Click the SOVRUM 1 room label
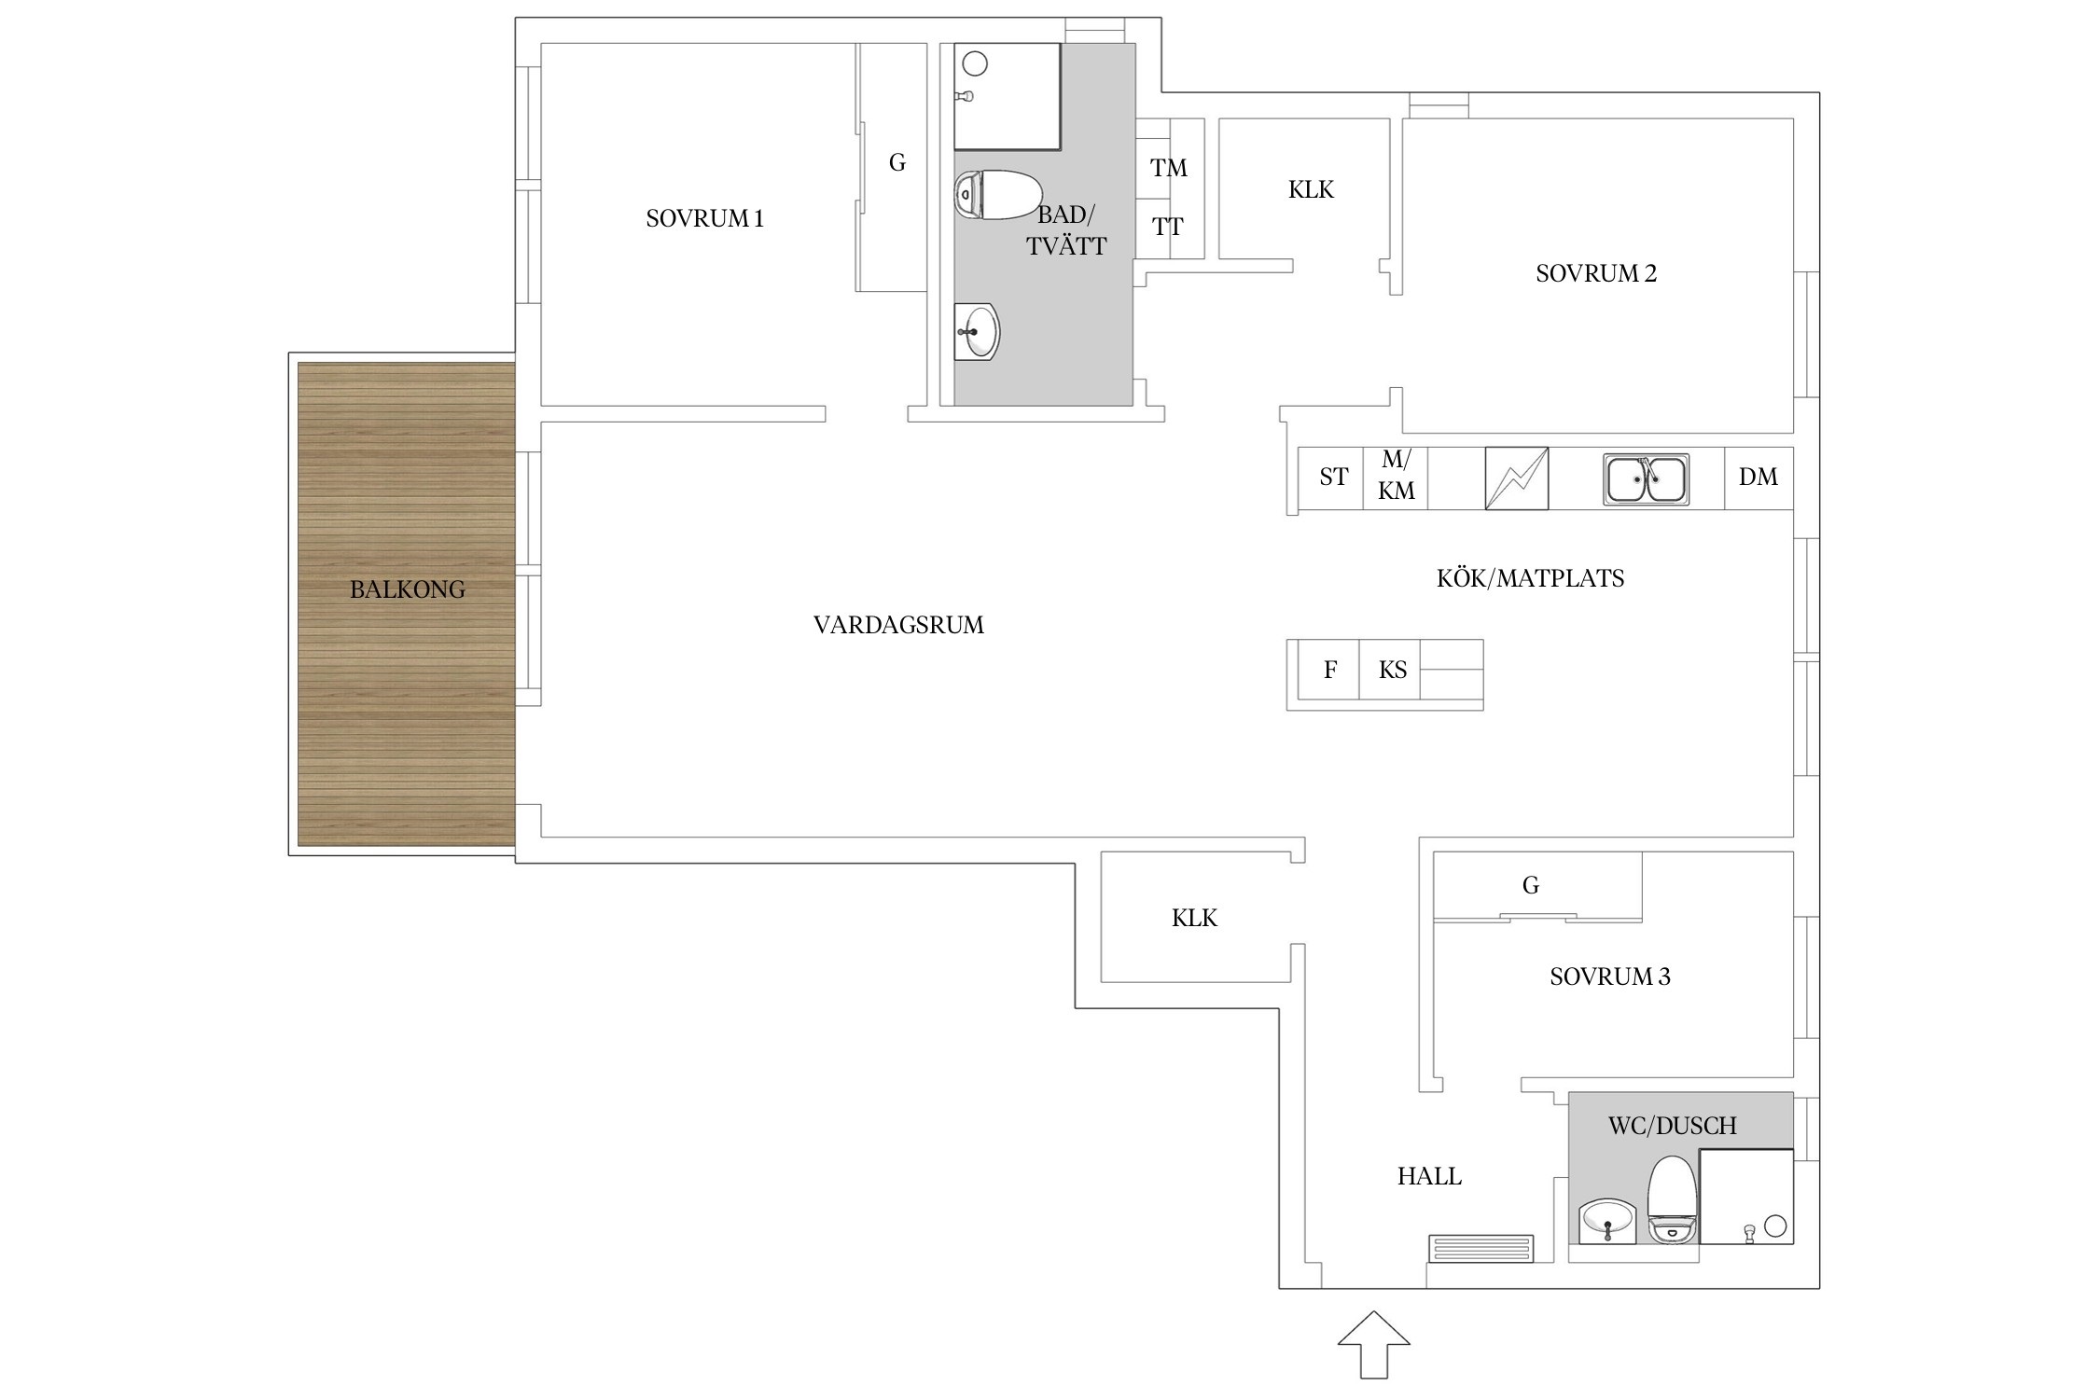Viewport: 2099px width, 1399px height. (704, 218)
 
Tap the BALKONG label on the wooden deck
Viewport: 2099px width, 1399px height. (407, 589)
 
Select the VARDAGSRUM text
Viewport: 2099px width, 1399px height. (898, 625)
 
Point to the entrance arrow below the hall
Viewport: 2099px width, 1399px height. (1373, 1344)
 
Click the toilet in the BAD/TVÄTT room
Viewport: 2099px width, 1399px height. (997, 195)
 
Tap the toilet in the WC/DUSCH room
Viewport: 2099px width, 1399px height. (1673, 1199)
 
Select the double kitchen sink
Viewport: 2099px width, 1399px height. (1646, 479)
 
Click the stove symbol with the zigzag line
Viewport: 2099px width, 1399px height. (1516, 478)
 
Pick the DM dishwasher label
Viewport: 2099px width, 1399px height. (1758, 477)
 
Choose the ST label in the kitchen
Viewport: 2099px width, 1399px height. (1333, 477)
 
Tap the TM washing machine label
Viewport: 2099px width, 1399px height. (1168, 168)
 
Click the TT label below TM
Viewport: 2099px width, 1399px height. (1167, 227)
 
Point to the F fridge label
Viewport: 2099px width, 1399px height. (1330, 670)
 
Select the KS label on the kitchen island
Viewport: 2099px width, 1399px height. (1392, 670)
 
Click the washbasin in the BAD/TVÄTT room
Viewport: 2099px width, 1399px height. (977, 332)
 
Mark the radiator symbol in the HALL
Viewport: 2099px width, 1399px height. (1480, 1249)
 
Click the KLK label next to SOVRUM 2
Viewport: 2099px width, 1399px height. (1311, 190)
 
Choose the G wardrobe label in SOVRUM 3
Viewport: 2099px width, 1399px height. (1530, 885)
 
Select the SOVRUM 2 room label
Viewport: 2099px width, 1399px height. (1596, 273)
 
